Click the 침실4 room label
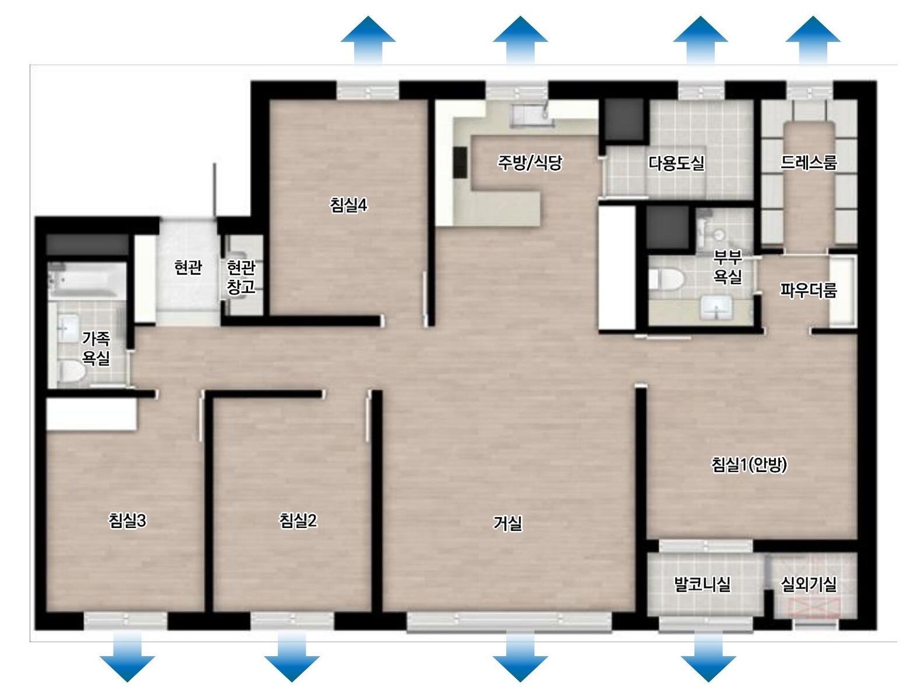(x=348, y=204)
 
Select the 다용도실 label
(x=676, y=163)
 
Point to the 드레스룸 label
(x=809, y=162)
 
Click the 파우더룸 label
(x=809, y=290)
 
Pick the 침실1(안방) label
(x=749, y=465)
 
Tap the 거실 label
(x=507, y=523)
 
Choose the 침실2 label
(x=298, y=520)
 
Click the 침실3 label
(x=127, y=520)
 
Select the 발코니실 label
(x=702, y=585)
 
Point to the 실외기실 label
(x=809, y=585)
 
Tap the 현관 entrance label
(x=188, y=267)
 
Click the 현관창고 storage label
(x=241, y=277)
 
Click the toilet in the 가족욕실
(x=71, y=371)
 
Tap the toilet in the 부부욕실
(x=666, y=279)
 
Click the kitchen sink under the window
(x=532, y=115)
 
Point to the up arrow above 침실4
(x=368, y=40)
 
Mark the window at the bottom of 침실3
(x=126, y=620)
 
